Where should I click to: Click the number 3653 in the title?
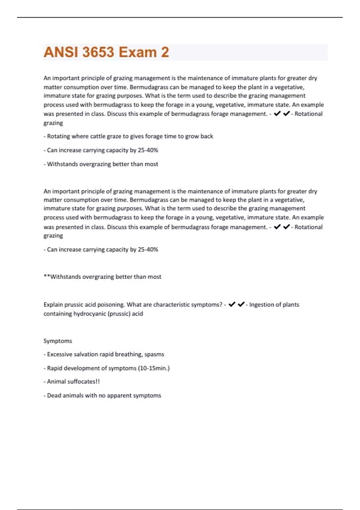[x=98, y=52]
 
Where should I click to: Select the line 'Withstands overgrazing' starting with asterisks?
[x=102, y=277]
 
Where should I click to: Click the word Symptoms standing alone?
[x=58, y=341]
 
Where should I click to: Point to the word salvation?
[x=86, y=354]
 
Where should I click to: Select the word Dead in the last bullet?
[x=54, y=395]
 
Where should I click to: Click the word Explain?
[x=53, y=304]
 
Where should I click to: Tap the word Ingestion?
[x=262, y=304]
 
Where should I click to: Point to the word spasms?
[x=154, y=354]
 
